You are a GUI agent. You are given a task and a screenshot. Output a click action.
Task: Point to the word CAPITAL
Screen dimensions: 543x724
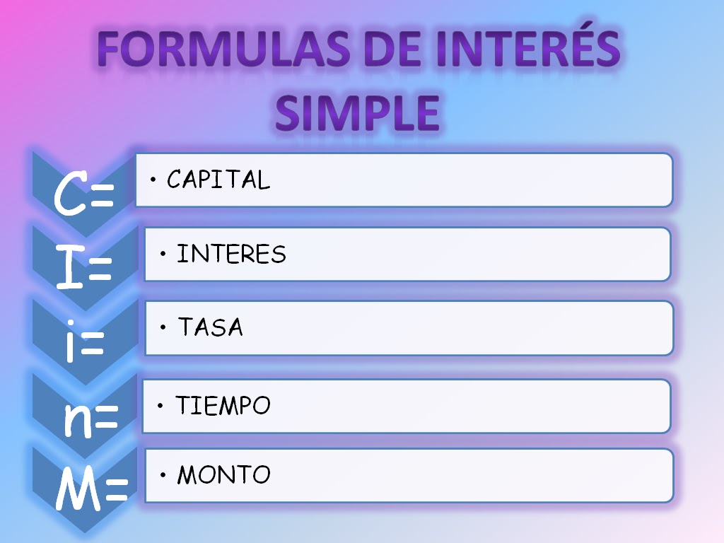(x=218, y=180)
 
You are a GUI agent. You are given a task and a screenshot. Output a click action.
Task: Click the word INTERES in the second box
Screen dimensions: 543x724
(x=231, y=255)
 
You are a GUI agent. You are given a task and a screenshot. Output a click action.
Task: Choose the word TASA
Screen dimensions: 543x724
(x=210, y=328)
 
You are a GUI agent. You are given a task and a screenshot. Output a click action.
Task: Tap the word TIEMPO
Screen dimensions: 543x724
(x=223, y=406)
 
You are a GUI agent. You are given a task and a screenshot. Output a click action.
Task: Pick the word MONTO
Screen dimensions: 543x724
(x=223, y=474)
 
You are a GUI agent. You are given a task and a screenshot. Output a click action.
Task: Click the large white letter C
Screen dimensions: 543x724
(x=71, y=194)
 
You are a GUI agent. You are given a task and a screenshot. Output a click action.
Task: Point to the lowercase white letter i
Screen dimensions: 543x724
(x=71, y=344)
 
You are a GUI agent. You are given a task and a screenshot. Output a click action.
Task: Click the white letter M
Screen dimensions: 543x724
(x=78, y=489)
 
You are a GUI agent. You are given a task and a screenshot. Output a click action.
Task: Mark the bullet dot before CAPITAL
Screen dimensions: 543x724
(x=153, y=180)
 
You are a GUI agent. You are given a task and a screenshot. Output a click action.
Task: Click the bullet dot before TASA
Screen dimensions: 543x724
(x=163, y=328)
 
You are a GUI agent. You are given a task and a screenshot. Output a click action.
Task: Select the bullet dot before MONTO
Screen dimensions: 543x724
(x=163, y=474)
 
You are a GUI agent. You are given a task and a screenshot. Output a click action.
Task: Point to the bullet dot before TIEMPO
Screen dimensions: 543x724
(x=160, y=406)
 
